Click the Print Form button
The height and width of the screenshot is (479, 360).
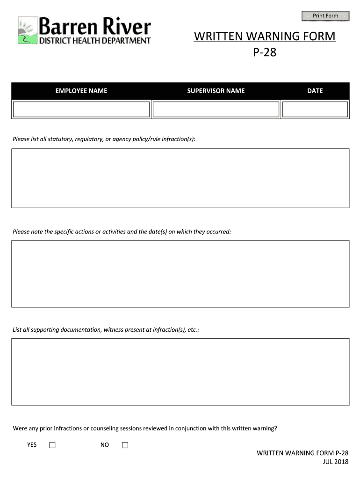click(325, 16)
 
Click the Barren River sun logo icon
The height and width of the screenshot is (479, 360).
click(27, 31)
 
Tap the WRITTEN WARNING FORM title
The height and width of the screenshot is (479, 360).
click(265, 36)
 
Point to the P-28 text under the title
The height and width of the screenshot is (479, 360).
click(265, 52)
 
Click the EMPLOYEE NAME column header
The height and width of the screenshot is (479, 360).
click(81, 91)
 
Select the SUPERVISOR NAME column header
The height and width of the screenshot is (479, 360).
click(216, 91)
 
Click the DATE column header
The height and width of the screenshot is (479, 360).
click(315, 91)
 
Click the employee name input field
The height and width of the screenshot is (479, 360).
click(81, 109)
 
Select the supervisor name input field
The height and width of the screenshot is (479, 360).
click(216, 109)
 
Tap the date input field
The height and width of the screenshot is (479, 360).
click(315, 109)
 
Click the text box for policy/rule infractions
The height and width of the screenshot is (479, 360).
click(180, 178)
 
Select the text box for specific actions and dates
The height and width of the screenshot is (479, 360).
click(180, 274)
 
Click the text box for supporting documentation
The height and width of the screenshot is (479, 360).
click(180, 372)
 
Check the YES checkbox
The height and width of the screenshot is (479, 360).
click(52, 445)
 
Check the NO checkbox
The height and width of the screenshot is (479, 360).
click(125, 445)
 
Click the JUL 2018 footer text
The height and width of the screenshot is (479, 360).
click(335, 462)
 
